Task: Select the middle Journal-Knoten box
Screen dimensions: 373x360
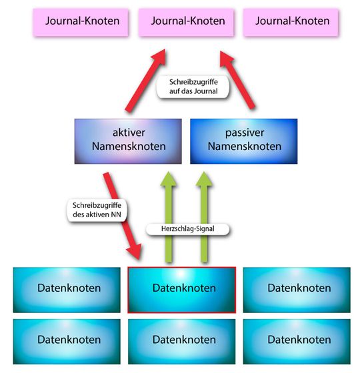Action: coord(187,21)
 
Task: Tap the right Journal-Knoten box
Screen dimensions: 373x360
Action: coord(292,21)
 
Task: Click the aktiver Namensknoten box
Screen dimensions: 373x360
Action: coord(128,141)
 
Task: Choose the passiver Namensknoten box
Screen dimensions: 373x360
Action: coord(245,141)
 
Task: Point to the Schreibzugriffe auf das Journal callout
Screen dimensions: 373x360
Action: coord(193,87)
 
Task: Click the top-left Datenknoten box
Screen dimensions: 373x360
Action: coord(69,288)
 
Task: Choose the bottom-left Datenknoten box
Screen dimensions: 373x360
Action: coord(69,339)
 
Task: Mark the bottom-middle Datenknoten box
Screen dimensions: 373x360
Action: coord(184,339)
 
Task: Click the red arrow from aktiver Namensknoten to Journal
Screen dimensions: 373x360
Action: coord(143,80)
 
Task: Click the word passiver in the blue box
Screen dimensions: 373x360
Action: coord(245,133)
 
